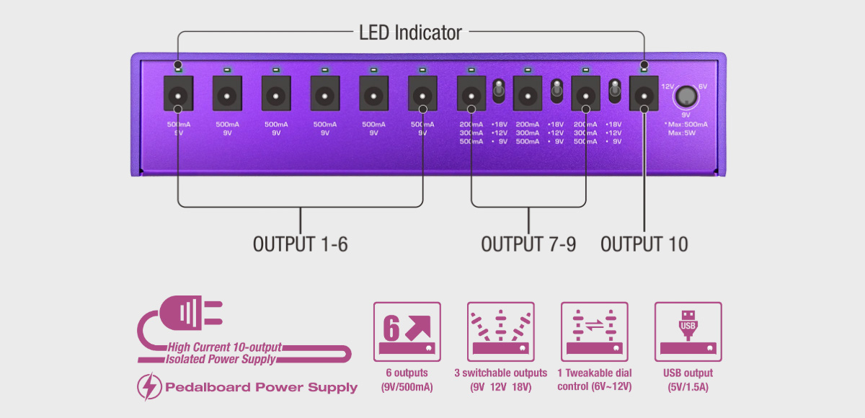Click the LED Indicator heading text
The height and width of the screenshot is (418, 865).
pyautogui.click(x=410, y=32)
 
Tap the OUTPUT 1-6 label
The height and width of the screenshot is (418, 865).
pyautogui.click(x=300, y=244)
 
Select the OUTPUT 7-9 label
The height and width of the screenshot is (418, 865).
pyautogui.click(x=528, y=244)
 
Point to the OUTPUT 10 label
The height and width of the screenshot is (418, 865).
pyautogui.click(x=644, y=244)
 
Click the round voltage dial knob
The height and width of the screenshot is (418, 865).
pyautogui.click(x=686, y=97)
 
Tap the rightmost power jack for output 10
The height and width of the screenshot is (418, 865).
pyautogui.click(x=644, y=93)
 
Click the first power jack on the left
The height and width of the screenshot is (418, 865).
pyautogui.click(x=178, y=93)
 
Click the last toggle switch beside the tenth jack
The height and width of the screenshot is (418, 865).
pyautogui.click(x=615, y=91)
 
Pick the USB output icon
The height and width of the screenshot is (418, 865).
pyautogui.click(x=688, y=332)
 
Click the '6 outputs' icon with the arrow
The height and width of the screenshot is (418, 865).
pyautogui.click(x=407, y=332)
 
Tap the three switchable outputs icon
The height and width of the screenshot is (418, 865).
pyautogui.click(x=500, y=332)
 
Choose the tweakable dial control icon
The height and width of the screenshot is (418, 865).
pyautogui.click(x=594, y=332)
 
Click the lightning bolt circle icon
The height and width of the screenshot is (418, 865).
pyautogui.click(x=148, y=388)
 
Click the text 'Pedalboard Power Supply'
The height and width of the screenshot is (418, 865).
pyautogui.click(x=261, y=388)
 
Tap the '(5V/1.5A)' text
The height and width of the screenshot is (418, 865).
pyautogui.click(x=688, y=387)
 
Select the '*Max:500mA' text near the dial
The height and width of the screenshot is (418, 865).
pyautogui.click(x=686, y=124)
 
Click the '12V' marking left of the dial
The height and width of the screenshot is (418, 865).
pyautogui.click(x=667, y=86)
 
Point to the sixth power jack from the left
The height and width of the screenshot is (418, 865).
pyautogui.click(x=422, y=93)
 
